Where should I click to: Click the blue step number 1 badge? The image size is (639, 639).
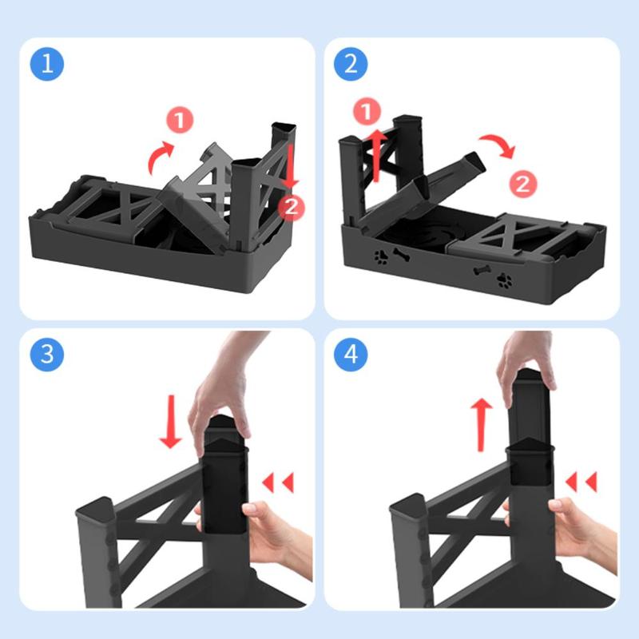47,64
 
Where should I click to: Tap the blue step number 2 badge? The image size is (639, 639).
351,64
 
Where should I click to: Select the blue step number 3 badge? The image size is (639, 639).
47,354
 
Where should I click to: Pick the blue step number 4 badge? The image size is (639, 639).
351,354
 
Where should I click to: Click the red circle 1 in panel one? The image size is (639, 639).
180,120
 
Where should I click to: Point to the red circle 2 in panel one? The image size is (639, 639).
291,208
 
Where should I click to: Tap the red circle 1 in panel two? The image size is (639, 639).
367,111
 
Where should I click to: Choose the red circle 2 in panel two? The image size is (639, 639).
523,184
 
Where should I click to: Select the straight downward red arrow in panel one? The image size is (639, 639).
291,166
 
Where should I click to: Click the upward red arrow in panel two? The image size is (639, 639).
378,155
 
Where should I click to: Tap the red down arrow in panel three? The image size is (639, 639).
171,421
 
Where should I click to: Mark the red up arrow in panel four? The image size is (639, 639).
482,425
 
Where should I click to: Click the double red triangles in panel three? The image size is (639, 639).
278,482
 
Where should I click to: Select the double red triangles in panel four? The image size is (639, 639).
581,482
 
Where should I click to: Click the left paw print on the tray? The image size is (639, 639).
382,257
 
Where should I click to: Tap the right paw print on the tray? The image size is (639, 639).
505,280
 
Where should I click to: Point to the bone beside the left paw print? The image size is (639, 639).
402,255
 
